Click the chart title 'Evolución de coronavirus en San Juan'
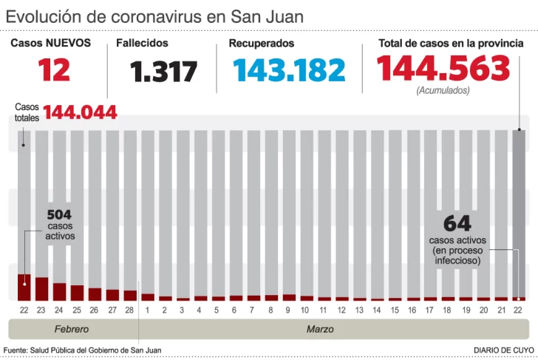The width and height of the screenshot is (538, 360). (x=154, y=16)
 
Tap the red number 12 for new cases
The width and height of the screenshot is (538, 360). (x=55, y=70)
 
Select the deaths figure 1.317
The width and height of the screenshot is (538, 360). (x=164, y=72)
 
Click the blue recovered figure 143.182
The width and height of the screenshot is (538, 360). (x=289, y=70)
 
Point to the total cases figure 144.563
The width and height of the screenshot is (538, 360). (x=443, y=69)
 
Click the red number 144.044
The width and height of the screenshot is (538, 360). (x=80, y=112)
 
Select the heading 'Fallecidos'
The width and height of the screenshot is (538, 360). (x=142, y=44)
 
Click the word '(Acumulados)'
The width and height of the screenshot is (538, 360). (x=443, y=91)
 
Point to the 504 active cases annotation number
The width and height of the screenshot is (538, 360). (x=60, y=214)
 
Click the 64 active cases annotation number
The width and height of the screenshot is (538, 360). (x=457, y=223)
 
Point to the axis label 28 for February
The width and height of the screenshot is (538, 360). (x=130, y=309)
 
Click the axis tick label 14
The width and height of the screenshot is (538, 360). (x=378, y=309)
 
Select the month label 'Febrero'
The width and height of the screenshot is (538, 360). (x=72, y=329)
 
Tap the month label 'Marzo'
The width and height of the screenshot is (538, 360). (x=320, y=329)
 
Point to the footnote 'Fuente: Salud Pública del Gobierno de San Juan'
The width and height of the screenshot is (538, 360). (x=83, y=350)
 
